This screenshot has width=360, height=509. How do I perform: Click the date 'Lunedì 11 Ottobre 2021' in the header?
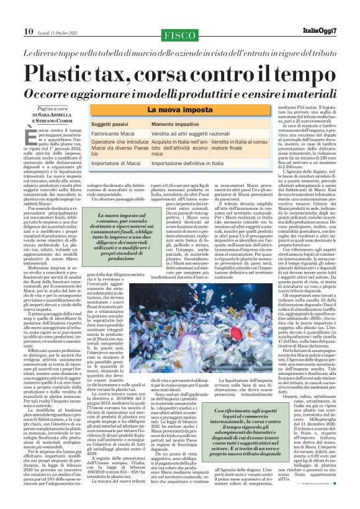[x=58, y=14]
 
